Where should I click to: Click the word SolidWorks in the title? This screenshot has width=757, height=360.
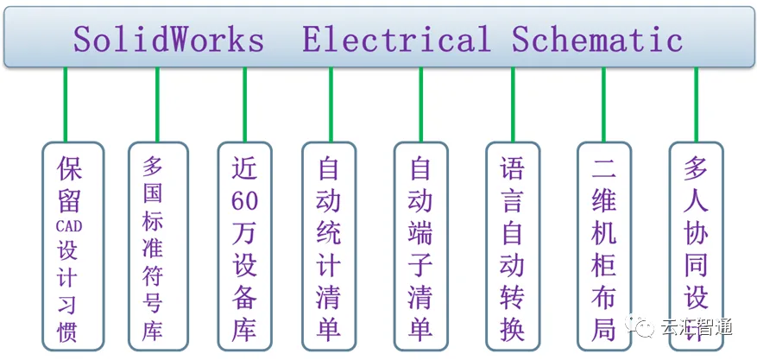[x=168, y=40]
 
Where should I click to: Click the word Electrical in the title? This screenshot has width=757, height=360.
[x=395, y=40]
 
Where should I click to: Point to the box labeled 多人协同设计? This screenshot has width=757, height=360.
[x=696, y=242]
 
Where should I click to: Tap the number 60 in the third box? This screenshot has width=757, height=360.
[x=244, y=201]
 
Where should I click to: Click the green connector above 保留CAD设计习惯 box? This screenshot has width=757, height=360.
[x=66, y=104]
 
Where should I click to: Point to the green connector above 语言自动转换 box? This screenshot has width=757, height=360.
[x=513, y=104]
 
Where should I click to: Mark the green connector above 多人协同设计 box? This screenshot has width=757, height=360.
[x=696, y=104]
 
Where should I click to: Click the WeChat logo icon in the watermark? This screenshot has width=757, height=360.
[x=644, y=326]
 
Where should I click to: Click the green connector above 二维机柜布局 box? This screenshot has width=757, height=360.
[x=603, y=104]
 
